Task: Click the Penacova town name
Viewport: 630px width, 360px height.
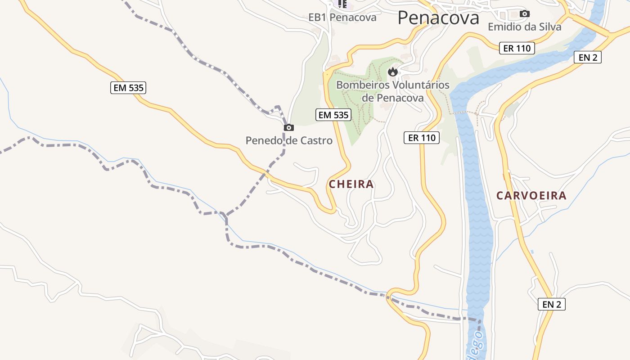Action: (x=438, y=18)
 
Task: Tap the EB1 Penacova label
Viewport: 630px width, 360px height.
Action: (x=342, y=18)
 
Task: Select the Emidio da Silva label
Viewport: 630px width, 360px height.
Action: (x=525, y=27)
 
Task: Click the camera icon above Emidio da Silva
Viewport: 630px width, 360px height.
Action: (x=524, y=14)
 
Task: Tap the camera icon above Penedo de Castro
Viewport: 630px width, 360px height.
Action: (x=289, y=128)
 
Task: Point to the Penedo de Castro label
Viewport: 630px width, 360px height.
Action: (x=289, y=140)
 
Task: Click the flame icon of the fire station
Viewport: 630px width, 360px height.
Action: (x=392, y=72)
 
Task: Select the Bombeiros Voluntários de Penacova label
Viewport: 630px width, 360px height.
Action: (x=393, y=91)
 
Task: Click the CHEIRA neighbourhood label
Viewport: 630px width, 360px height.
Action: (x=351, y=184)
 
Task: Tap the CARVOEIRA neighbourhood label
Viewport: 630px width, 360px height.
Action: (x=531, y=196)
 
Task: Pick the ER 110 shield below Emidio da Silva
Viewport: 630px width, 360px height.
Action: (x=517, y=48)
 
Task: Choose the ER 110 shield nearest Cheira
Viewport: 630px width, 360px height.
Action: (x=422, y=138)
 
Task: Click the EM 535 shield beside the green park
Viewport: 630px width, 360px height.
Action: (x=333, y=115)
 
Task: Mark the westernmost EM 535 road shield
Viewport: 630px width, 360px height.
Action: (x=129, y=88)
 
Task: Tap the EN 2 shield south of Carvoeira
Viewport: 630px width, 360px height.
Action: (x=552, y=304)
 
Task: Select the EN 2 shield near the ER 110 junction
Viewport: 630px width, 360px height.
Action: (x=588, y=57)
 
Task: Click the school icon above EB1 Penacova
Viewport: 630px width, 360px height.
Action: (x=342, y=4)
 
